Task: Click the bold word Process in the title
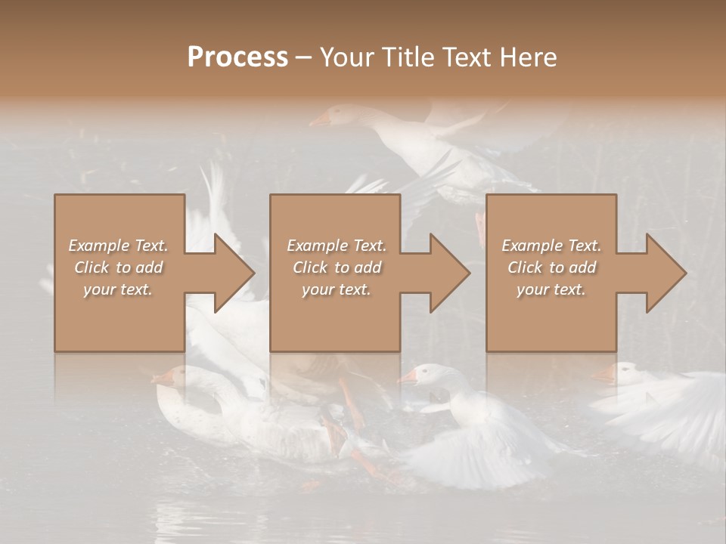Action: (237, 57)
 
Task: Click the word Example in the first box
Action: (98, 246)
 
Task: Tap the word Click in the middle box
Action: (309, 267)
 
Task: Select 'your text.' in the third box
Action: (551, 289)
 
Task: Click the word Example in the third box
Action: (532, 246)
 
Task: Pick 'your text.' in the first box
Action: (118, 289)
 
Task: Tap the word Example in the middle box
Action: (317, 246)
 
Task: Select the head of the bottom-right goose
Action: (624, 372)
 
